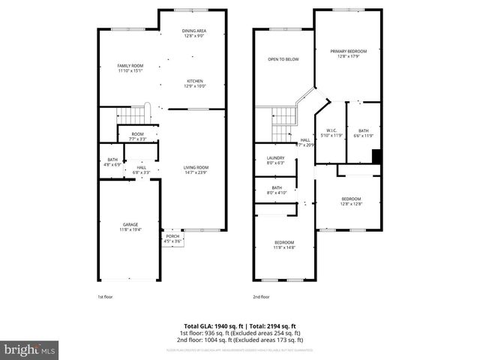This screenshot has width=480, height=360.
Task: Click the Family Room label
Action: pos(130,66)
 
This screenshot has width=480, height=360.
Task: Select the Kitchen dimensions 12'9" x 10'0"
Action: pos(195,86)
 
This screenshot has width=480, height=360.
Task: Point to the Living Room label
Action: pos(196,167)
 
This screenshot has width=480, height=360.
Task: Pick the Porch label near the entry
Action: pos(173,236)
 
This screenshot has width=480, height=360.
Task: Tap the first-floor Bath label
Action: pos(112,159)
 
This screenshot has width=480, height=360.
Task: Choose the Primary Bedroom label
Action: pos(348,51)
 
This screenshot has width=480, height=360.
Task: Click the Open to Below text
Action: pos(283,58)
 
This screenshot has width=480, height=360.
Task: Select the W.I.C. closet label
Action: pos(331,130)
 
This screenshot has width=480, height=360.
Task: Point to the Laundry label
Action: pos(276,157)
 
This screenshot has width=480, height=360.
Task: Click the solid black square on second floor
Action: pos(377,156)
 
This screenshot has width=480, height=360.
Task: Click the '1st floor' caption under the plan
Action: pos(106,297)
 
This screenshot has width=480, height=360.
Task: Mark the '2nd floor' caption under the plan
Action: pos(261,297)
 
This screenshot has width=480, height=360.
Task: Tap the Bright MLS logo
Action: pos(30,349)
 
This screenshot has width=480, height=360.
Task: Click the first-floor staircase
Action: pos(133,116)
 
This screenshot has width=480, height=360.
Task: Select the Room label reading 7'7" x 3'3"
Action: pos(137,136)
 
